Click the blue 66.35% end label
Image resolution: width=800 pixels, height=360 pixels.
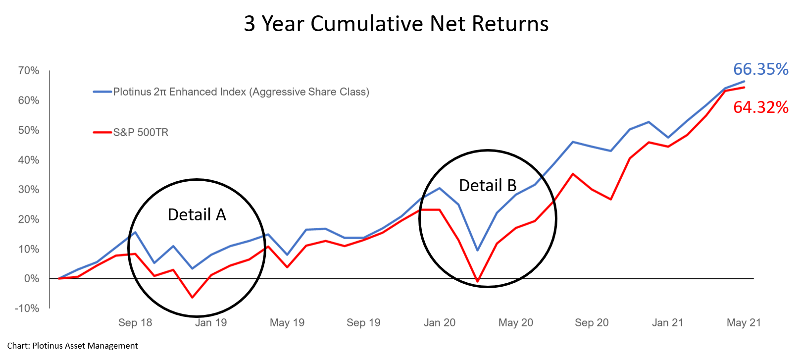(x=760, y=69)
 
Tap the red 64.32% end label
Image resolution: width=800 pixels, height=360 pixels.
(x=760, y=107)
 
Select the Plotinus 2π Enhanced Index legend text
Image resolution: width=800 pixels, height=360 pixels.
(x=241, y=92)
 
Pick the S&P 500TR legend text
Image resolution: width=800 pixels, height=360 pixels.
(x=141, y=132)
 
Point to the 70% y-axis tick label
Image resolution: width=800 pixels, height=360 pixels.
(x=28, y=70)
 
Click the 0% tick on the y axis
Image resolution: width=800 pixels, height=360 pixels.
(x=31, y=278)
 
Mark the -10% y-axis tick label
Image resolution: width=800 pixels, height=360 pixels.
(x=27, y=308)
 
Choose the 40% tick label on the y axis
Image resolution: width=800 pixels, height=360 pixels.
(x=28, y=159)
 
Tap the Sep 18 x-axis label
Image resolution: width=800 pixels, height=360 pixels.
(x=135, y=323)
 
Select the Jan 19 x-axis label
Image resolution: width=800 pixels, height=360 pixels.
(x=211, y=323)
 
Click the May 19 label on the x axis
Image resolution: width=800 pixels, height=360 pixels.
(x=287, y=323)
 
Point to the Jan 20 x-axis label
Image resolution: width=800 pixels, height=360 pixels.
(x=439, y=323)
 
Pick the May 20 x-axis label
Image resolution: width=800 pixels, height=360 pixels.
(x=515, y=323)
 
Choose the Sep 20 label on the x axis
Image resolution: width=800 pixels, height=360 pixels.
(x=592, y=323)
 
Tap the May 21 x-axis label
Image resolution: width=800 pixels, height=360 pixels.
(x=744, y=323)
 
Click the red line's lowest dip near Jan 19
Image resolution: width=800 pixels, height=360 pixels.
(x=192, y=297)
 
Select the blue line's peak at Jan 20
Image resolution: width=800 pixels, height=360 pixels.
(x=440, y=188)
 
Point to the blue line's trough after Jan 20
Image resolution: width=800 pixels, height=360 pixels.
(x=477, y=251)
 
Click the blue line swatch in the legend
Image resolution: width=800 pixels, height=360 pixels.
(x=102, y=92)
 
